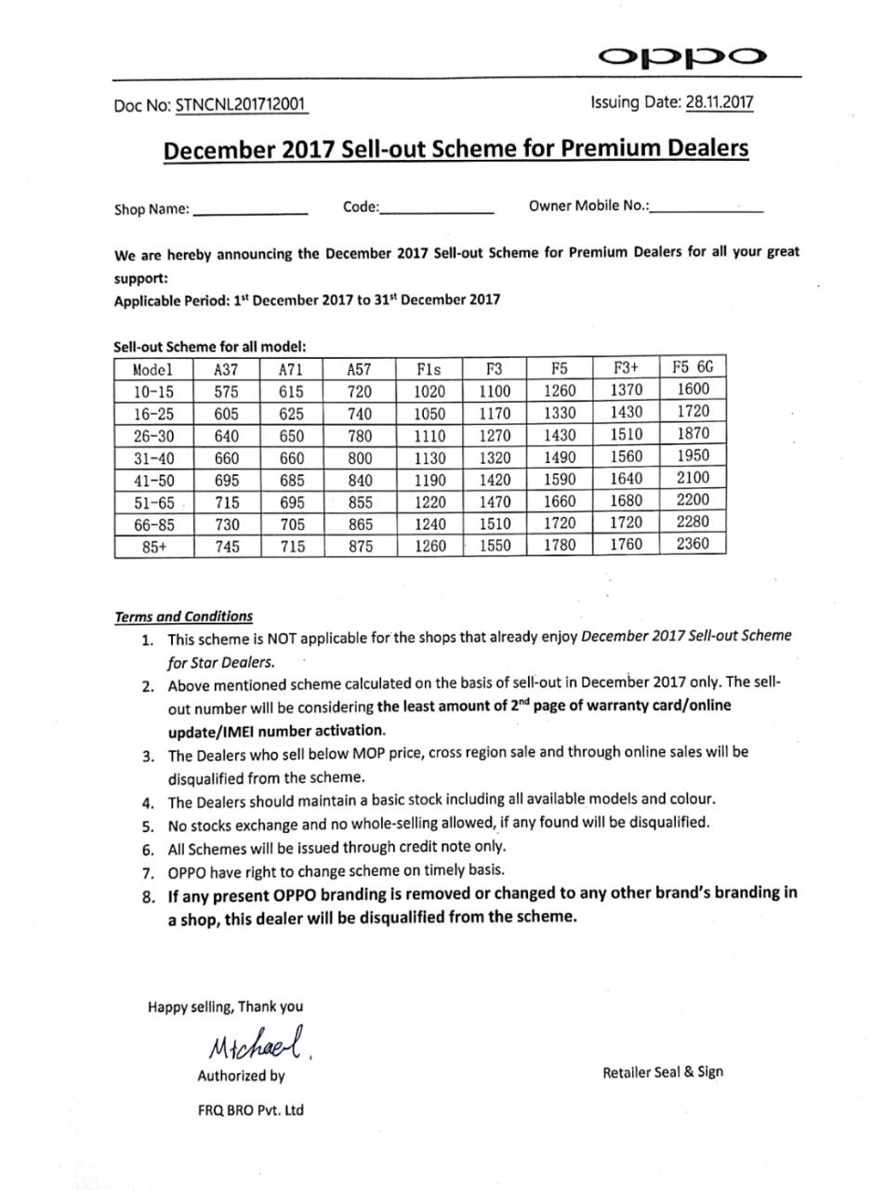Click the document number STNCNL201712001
(x=241, y=105)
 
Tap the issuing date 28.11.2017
(x=720, y=102)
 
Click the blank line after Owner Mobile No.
(x=707, y=210)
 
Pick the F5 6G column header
(x=693, y=367)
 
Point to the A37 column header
(x=227, y=369)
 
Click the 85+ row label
(x=154, y=548)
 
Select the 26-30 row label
(x=153, y=436)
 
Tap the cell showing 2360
(x=693, y=545)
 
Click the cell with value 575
(x=227, y=391)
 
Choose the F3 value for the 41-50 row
(x=495, y=481)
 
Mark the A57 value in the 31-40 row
(x=361, y=458)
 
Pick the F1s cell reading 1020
(x=429, y=391)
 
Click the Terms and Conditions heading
(x=183, y=616)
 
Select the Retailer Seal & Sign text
(x=662, y=1072)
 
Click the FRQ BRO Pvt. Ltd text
(x=250, y=1110)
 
